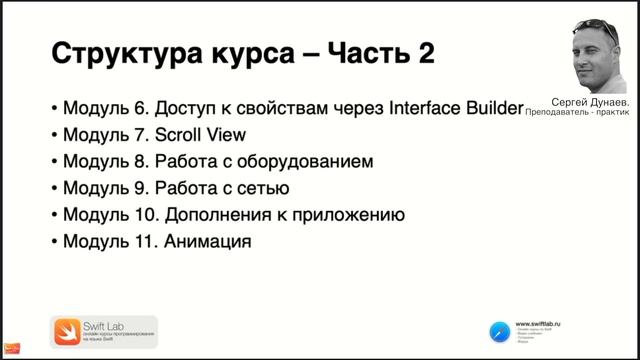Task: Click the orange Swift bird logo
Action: pyautogui.click(x=65, y=331)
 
